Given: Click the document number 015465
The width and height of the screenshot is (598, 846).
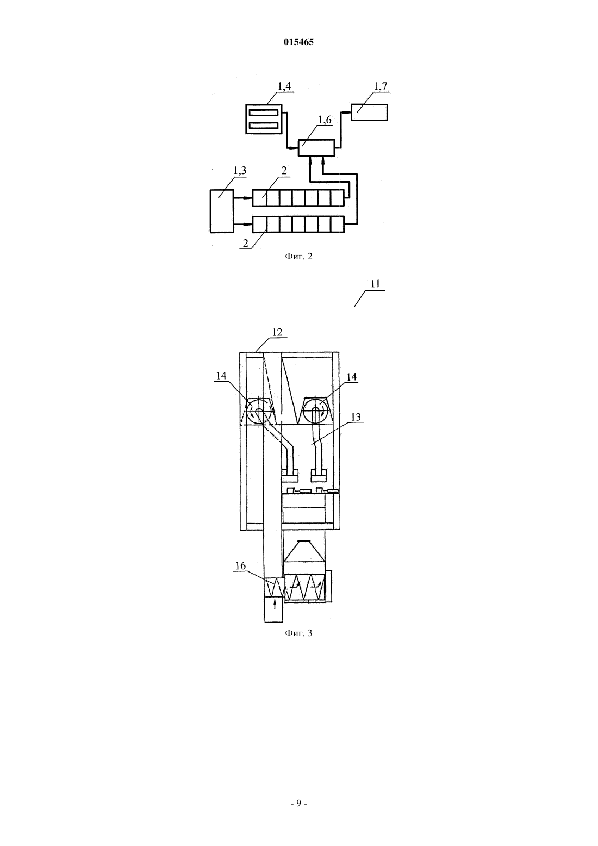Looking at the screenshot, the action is click(298, 42).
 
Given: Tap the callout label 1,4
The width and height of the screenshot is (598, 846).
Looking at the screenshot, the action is click(284, 86).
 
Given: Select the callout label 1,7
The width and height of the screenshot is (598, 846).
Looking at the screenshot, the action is click(381, 86).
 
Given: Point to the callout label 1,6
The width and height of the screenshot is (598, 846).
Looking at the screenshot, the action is click(325, 120).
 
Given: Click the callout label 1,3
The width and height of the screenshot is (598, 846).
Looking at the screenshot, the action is click(240, 171).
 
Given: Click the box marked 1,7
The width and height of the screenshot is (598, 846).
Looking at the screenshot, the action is click(369, 112).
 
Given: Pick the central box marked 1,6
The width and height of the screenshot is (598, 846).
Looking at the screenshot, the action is click(317, 148).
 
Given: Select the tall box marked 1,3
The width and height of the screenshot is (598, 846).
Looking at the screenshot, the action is click(222, 211).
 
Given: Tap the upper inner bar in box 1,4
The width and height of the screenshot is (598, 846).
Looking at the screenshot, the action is click(264, 112).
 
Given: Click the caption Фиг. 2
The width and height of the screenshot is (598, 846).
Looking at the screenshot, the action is click(298, 257).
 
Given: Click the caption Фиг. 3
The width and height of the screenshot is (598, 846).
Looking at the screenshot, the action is click(298, 633).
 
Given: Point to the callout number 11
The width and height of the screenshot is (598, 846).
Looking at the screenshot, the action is click(375, 284).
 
